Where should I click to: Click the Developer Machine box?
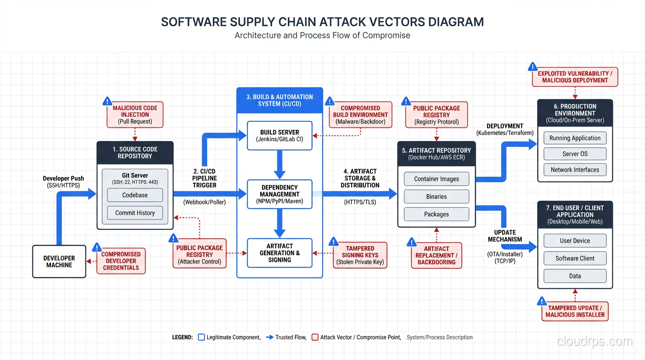tap(59, 262)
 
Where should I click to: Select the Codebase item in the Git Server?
tap(135, 195)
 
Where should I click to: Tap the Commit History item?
tap(135, 213)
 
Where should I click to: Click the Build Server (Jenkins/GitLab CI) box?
tap(279, 135)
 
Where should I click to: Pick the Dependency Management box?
tap(279, 194)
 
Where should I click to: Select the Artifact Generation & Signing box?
tap(279, 253)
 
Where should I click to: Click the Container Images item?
tap(436, 179)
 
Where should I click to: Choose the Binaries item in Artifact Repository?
tap(436, 196)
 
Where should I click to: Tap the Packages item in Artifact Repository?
tap(436, 214)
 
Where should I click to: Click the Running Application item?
tap(575, 138)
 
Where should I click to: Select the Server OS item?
tap(575, 154)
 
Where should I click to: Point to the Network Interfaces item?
tap(575, 170)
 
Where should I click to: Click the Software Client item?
tap(575, 258)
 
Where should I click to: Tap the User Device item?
tap(575, 240)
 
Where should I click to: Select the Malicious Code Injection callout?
tap(135, 114)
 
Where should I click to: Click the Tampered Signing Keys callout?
tap(360, 255)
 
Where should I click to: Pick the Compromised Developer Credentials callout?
tap(121, 261)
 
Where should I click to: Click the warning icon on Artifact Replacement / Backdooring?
tap(412, 242)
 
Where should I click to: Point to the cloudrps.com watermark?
tap(594, 341)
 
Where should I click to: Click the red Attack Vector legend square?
tap(315, 337)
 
